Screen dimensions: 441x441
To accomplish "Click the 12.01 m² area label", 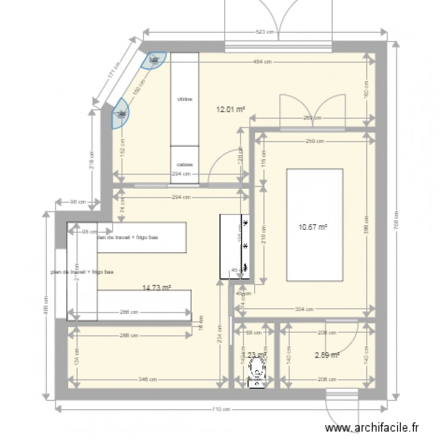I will [x=231, y=109].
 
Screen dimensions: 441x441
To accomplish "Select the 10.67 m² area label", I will [x=315, y=227].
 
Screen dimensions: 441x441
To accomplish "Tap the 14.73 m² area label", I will [x=156, y=288].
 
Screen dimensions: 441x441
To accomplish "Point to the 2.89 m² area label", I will [x=327, y=355].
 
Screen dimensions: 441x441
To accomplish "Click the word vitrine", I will [x=185, y=99].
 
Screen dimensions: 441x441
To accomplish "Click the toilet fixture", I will [x=257, y=370].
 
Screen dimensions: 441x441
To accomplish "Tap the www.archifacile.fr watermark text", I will [x=382, y=429].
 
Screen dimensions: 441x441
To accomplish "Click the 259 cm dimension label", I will [x=315, y=141].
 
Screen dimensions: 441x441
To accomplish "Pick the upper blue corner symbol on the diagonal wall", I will [x=155, y=59].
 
